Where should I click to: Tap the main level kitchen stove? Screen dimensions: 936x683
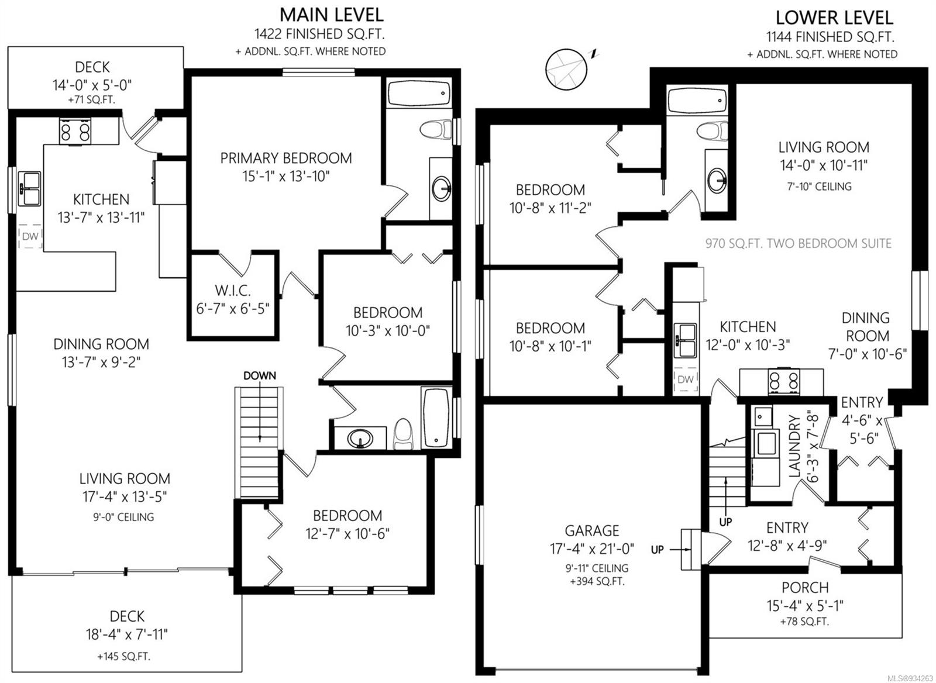pyautogui.click(x=75, y=131)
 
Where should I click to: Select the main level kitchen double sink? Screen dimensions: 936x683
pyautogui.click(x=30, y=189)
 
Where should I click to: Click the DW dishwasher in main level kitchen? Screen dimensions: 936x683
pyautogui.click(x=30, y=236)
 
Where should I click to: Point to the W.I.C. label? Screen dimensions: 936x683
pyautogui.click(x=233, y=290)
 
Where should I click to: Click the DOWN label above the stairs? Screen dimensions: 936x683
pyautogui.click(x=260, y=375)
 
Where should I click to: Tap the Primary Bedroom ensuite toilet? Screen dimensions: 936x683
pyautogui.click(x=436, y=131)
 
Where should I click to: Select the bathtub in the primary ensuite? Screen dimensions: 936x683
pyautogui.click(x=419, y=94)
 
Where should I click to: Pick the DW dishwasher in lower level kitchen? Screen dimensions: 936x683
pyautogui.click(x=685, y=380)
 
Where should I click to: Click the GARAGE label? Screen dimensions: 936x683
pyautogui.click(x=591, y=530)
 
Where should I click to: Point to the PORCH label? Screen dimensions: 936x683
pyautogui.click(x=805, y=588)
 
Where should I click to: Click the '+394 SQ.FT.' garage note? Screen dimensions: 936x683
pyautogui.click(x=597, y=581)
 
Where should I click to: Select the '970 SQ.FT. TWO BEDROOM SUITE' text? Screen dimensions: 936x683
pyautogui.click(x=798, y=243)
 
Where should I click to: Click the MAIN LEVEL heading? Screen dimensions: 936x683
pyautogui.click(x=331, y=15)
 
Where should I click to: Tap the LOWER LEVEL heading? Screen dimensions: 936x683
pyautogui.click(x=834, y=18)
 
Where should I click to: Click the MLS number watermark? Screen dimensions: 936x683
pyautogui.click(x=912, y=678)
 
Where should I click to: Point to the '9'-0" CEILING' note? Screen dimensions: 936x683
pyautogui.click(x=123, y=517)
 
